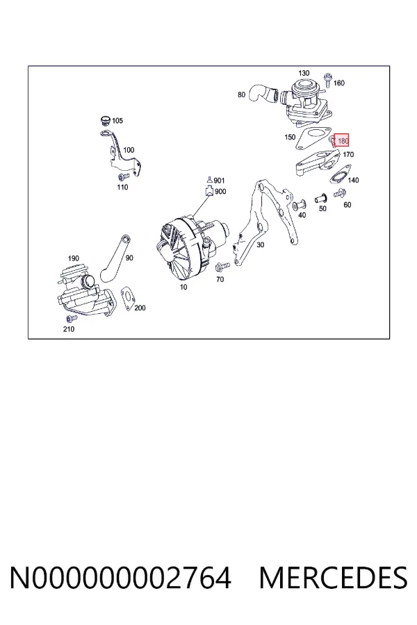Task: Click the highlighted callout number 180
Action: (x=343, y=141)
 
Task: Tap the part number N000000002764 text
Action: (x=120, y=578)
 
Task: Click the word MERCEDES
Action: (x=333, y=578)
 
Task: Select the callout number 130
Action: (x=304, y=73)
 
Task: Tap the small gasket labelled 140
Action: (x=341, y=176)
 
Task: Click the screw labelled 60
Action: (x=338, y=194)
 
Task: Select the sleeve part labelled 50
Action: (x=320, y=198)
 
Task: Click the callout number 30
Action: (x=260, y=244)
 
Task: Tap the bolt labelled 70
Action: (x=222, y=266)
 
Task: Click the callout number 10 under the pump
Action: (x=183, y=287)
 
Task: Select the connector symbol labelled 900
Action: (x=209, y=192)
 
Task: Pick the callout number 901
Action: (x=219, y=181)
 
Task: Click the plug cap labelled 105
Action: (x=105, y=120)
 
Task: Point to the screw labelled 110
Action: (x=123, y=176)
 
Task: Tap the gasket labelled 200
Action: (x=128, y=298)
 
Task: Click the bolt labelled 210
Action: (x=72, y=319)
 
